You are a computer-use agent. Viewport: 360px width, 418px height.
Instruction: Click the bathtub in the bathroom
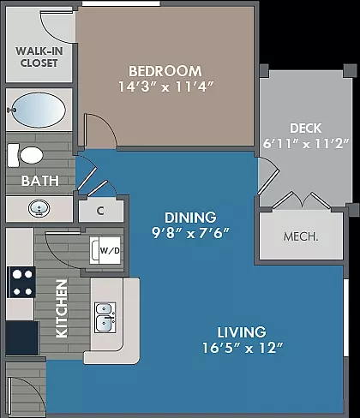39,110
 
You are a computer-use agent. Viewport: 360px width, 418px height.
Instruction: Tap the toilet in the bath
26,155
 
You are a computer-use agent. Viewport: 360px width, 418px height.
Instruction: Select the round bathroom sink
39,208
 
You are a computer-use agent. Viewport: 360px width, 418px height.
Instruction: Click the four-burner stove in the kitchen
21,283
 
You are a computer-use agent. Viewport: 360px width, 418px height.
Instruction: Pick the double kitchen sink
105,318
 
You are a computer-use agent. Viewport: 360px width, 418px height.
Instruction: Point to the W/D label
110,251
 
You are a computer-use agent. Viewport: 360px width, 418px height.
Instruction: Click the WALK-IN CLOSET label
39,57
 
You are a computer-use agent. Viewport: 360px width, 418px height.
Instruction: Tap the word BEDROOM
165,71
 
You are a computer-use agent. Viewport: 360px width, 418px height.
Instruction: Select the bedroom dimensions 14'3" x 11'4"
166,87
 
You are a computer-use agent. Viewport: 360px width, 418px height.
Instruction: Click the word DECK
306,128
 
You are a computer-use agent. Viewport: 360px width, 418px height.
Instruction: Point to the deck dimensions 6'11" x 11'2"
306,143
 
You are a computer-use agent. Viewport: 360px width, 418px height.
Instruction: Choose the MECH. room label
301,236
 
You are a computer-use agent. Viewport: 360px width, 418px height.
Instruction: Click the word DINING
190,218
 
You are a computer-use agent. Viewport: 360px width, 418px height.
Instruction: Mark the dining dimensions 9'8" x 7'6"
190,233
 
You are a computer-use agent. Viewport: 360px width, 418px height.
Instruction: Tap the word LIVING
242,332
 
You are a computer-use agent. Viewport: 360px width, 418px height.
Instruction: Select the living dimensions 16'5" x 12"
243,348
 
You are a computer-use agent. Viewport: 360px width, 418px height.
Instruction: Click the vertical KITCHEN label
62,308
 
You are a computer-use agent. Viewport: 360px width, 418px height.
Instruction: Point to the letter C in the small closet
100,211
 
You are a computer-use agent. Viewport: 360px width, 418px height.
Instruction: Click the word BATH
40,181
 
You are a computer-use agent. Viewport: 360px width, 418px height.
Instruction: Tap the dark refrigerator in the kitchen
22,338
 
